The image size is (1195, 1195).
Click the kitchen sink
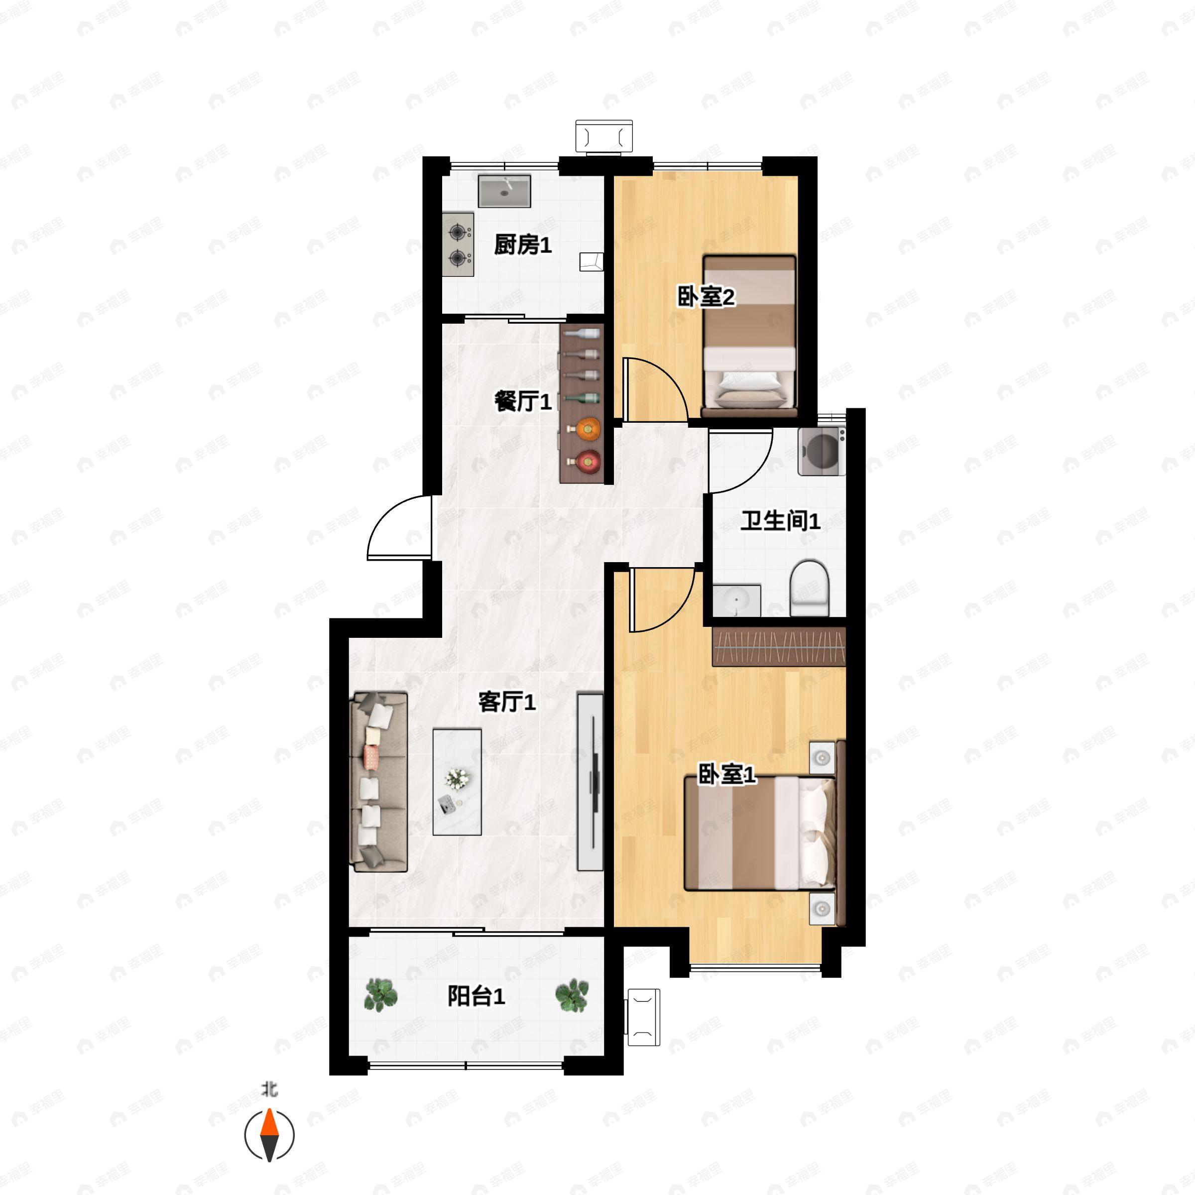point(504,191)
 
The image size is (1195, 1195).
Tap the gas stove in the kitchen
point(458,244)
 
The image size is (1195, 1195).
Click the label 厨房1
point(523,245)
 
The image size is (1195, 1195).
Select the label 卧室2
point(706,298)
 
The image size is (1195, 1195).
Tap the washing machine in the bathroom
point(822,452)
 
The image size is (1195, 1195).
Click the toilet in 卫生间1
point(809,588)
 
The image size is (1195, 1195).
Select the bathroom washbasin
point(736,600)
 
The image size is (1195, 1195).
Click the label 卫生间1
point(781,521)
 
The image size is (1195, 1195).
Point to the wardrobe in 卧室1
point(779,646)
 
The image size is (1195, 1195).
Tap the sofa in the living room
point(379,782)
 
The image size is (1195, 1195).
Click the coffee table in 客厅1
point(457,782)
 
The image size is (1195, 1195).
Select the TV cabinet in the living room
point(590,782)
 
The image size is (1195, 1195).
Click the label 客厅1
point(507,702)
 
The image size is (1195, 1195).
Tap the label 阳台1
point(477,996)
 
